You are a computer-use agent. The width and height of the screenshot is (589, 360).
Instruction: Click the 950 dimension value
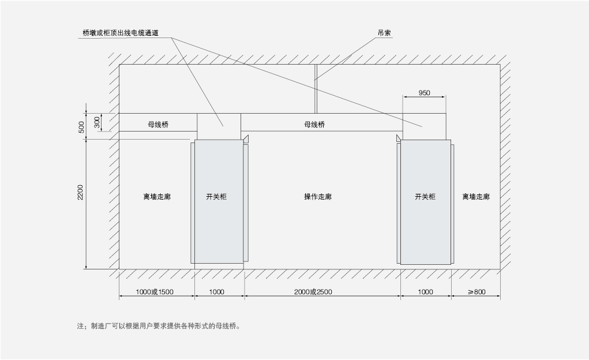[x=424, y=92]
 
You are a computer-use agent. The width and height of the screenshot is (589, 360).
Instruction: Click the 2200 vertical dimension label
[x=81, y=193]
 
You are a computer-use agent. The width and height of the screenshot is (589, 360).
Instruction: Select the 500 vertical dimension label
[x=81, y=127]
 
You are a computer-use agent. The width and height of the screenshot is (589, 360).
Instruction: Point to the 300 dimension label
[x=97, y=122]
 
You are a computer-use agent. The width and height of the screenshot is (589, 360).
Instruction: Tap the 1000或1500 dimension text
[x=155, y=292]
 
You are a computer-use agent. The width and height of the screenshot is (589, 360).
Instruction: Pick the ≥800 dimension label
[x=477, y=292]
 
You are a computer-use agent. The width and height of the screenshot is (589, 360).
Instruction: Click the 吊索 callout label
[x=385, y=33]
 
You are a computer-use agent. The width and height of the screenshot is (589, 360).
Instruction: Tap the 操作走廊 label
[x=318, y=197]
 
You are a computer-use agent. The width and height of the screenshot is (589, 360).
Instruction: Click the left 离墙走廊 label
[x=157, y=197]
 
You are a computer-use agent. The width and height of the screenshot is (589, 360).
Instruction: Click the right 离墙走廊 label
[x=476, y=197]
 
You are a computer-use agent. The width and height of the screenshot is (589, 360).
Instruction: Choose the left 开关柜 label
[x=216, y=197]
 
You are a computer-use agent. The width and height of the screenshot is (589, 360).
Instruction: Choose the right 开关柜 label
[x=425, y=197]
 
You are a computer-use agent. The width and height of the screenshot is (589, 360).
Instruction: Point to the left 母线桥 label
[x=158, y=124]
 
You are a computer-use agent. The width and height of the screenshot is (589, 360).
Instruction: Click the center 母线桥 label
[x=314, y=124]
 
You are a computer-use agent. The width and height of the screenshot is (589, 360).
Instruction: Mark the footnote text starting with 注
[x=158, y=326]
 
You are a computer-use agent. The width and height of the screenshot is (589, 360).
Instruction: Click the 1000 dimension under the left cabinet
[x=216, y=292]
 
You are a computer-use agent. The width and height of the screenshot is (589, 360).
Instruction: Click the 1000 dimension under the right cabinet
[x=425, y=292]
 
